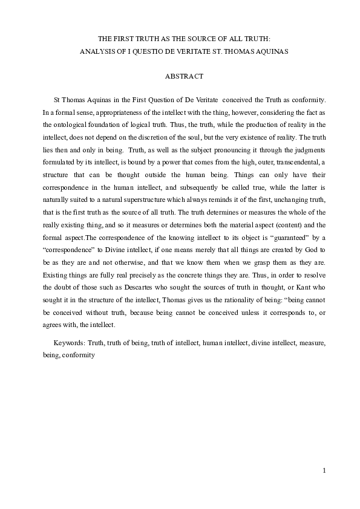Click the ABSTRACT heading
180,77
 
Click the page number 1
324,471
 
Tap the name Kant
298,291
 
